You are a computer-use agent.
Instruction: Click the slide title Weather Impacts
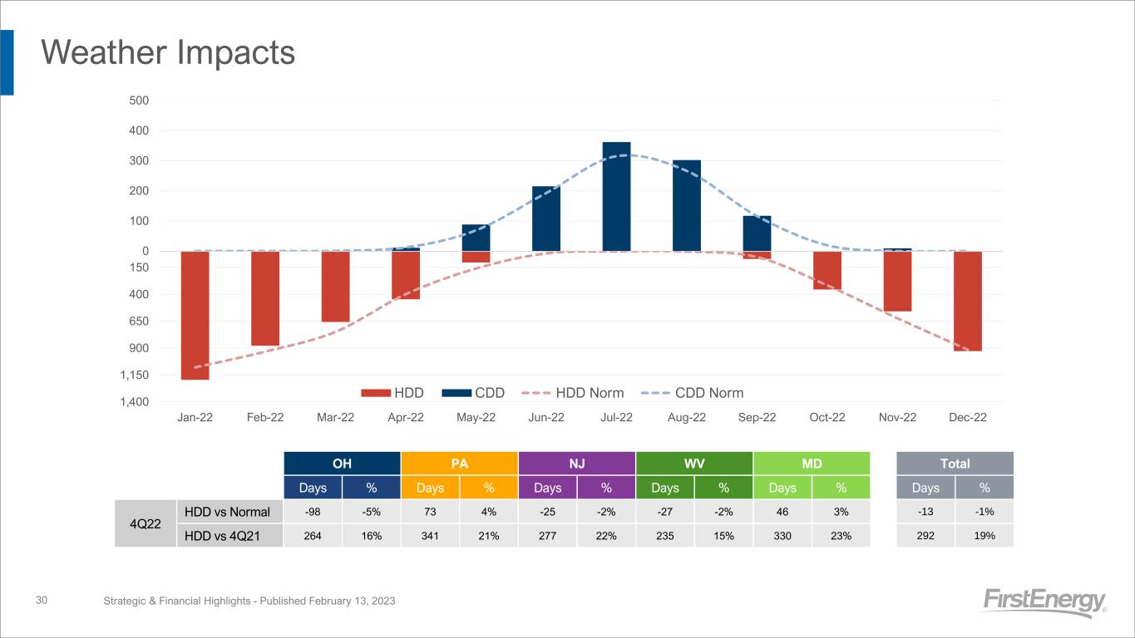[168, 53]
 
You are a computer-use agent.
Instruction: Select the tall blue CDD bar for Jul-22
[616, 197]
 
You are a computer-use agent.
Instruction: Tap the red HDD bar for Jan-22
[195, 315]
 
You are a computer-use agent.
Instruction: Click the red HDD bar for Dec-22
[968, 301]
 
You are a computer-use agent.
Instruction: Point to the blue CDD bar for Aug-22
[687, 206]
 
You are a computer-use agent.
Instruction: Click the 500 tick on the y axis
[138, 101]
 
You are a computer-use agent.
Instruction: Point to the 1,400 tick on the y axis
[135, 402]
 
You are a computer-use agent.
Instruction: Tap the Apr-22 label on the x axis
[405, 417]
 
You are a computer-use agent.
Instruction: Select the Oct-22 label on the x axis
[827, 417]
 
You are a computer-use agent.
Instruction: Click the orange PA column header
[459, 463]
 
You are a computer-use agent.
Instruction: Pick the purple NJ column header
[576, 463]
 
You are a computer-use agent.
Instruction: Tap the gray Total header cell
[955, 463]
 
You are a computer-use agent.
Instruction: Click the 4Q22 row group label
[145, 523]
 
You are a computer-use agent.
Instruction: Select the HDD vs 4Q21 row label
[229, 536]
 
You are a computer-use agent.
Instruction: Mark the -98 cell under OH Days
[313, 512]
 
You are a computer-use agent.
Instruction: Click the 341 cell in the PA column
[430, 536]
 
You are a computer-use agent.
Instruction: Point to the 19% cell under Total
[984, 536]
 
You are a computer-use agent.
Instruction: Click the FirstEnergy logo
[1044, 601]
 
